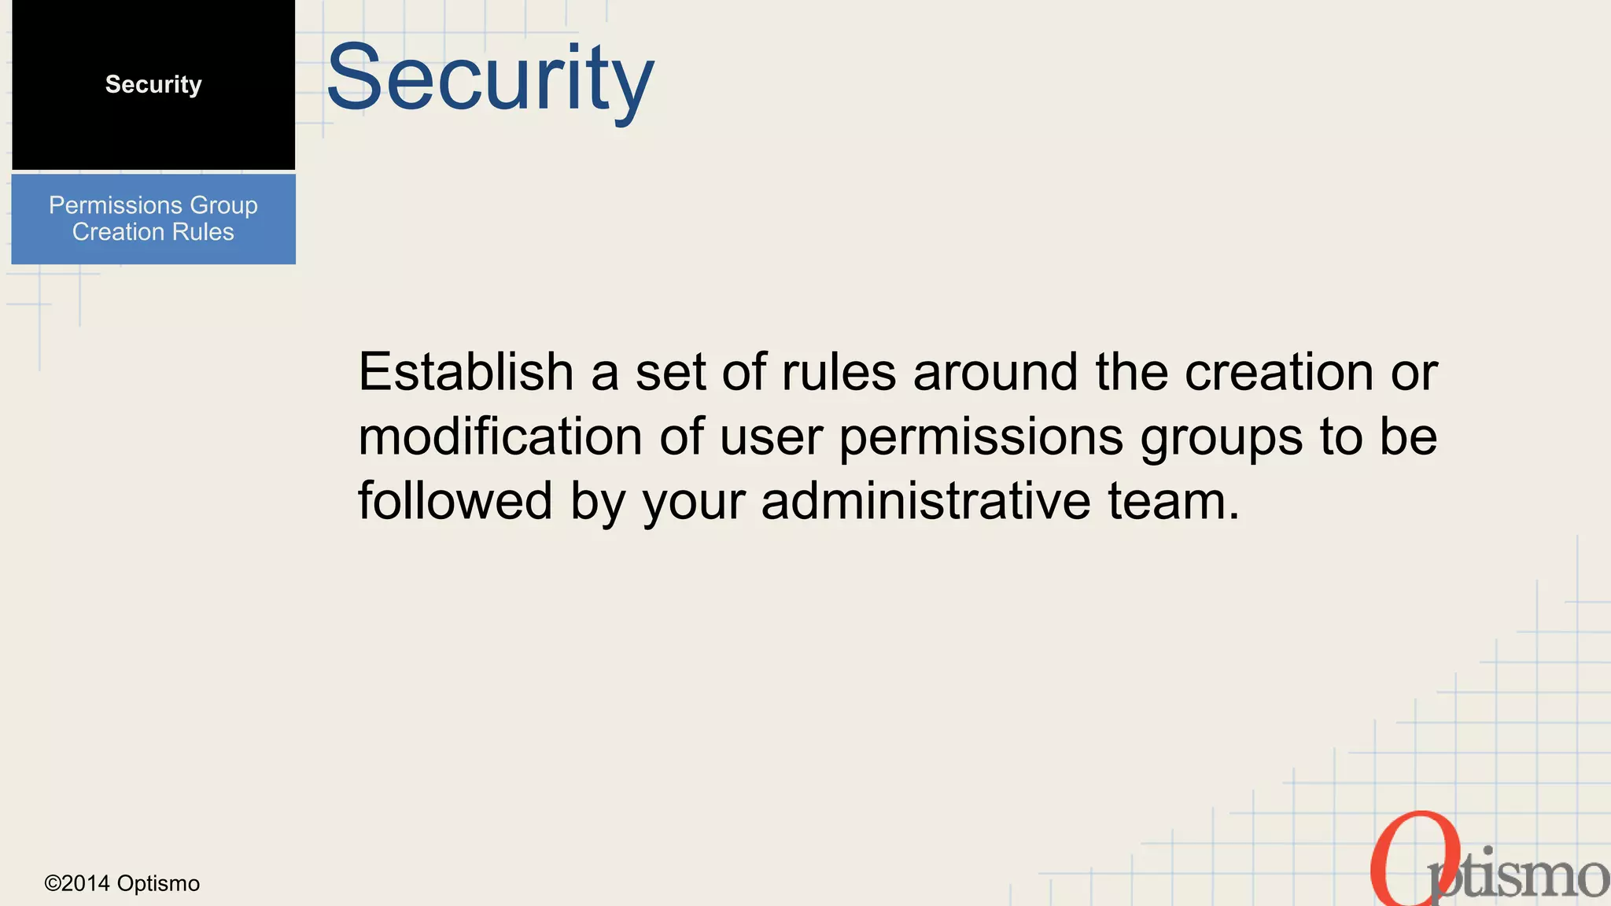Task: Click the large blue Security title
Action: [489, 79]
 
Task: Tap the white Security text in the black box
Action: [153, 84]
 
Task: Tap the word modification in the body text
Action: [500, 436]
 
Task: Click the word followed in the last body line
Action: [455, 501]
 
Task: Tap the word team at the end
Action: [1173, 501]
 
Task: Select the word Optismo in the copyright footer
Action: [158, 883]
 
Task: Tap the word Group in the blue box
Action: [223, 205]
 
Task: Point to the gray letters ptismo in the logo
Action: [1522, 877]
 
